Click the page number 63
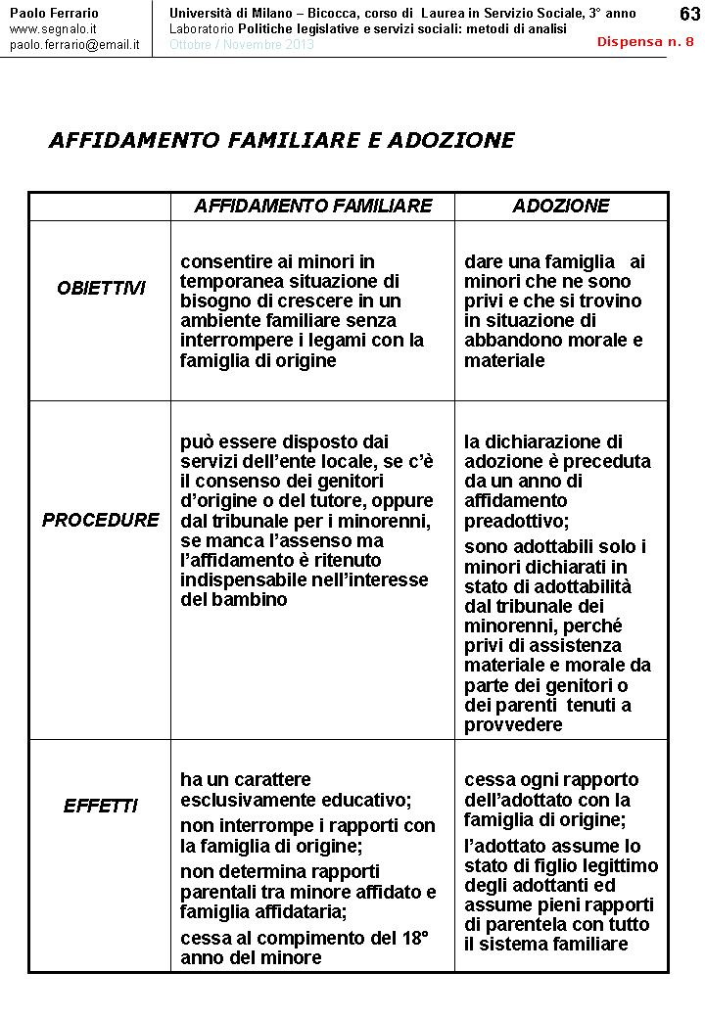click(x=688, y=14)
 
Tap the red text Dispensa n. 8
click(x=645, y=42)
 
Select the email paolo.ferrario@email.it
click(x=74, y=45)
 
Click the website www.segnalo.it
click(x=52, y=29)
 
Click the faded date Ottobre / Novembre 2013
click(x=241, y=45)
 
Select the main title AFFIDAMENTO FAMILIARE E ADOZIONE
click(x=281, y=140)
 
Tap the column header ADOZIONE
click(x=561, y=206)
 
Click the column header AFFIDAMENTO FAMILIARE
click(x=313, y=206)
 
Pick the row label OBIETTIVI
click(x=101, y=288)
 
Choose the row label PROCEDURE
click(x=100, y=520)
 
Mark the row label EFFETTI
click(x=100, y=807)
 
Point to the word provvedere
click(x=513, y=725)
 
